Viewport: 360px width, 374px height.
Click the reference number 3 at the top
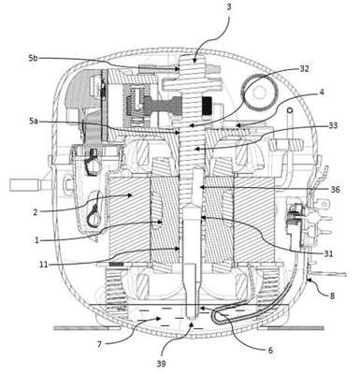tap(229, 7)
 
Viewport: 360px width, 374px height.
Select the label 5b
tap(33, 58)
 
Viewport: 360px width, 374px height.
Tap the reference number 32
tap(304, 69)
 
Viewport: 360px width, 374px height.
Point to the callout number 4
tap(321, 93)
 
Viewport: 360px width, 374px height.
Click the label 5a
tap(34, 121)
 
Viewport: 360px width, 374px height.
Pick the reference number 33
tap(333, 125)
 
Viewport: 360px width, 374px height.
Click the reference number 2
tap(36, 212)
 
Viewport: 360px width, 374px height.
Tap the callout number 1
tap(36, 240)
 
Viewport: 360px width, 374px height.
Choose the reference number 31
tap(328, 253)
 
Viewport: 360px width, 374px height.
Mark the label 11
tap(43, 265)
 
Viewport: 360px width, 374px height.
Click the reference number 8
tap(332, 295)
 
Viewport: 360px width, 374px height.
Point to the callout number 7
tap(99, 345)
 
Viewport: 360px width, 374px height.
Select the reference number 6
tap(270, 351)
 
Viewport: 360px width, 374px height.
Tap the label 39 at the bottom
tap(161, 364)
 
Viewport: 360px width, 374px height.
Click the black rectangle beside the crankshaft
tap(207, 106)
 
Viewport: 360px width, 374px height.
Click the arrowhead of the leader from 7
tap(159, 319)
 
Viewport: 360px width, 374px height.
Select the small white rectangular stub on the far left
tap(25, 185)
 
